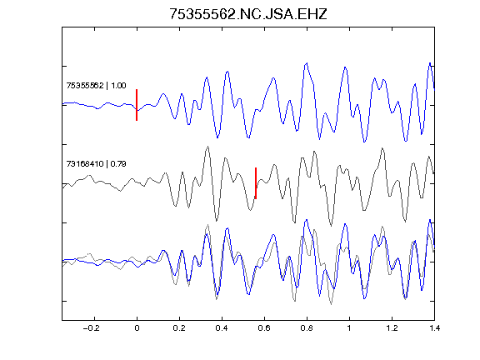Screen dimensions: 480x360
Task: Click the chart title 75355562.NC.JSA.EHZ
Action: click(x=248, y=14)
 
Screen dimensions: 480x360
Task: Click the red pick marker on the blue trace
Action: click(x=137, y=105)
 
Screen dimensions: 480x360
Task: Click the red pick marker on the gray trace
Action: click(x=256, y=183)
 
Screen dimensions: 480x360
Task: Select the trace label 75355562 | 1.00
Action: click(x=96, y=85)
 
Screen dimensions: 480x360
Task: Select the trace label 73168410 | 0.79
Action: click(x=96, y=164)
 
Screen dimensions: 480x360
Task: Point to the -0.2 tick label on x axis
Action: click(x=91, y=328)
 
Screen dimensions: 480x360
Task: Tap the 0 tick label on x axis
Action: click(x=137, y=328)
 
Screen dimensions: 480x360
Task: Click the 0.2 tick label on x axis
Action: click(x=179, y=328)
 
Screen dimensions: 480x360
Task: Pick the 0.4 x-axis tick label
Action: click(x=222, y=328)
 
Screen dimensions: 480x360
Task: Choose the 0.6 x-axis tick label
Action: click(x=264, y=328)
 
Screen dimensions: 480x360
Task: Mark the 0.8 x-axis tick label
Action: click(x=307, y=328)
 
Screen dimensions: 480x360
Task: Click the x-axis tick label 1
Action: click(x=349, y=328)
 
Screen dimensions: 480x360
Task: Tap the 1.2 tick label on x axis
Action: click(x=392, y=328)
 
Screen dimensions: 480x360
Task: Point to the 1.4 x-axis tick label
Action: click(x=434, y=328)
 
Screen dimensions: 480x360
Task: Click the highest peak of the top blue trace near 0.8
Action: click(x=307, y=63)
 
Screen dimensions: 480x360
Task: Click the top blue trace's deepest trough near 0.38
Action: click(x=217, y=137)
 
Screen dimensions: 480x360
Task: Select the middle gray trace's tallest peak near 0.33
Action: click(x=208, y=147)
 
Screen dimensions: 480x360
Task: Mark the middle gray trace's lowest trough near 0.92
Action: click(x=331, y=226)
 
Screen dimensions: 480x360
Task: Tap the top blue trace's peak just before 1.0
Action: click(x=345, y=67)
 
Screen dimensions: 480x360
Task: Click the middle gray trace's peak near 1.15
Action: click(x=382, y=148)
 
